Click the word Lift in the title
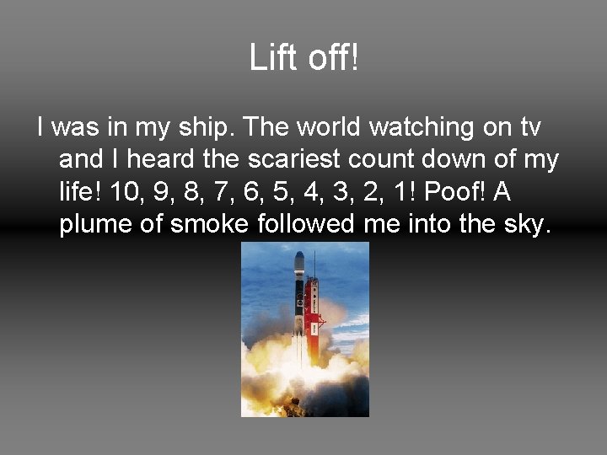[270, 58]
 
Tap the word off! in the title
[330, 58]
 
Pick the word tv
[529, 128]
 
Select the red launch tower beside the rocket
[313, 316]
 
